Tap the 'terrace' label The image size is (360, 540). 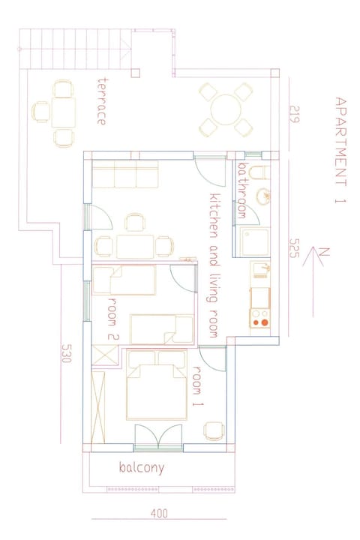coord(101,100)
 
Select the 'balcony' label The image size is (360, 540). coord(141,467)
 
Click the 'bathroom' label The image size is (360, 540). coord(241,190)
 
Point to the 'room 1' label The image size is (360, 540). coord(199,385)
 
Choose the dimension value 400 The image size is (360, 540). coord(159,514)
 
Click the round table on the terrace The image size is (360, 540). coord(224,110)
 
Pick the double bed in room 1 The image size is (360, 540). coord(157,386)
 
